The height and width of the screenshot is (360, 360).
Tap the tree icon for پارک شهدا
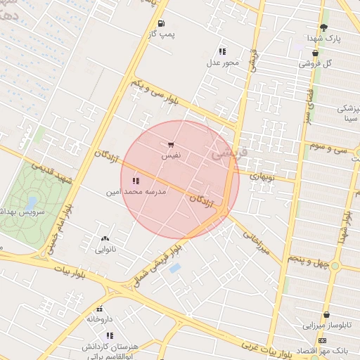click(323, 27)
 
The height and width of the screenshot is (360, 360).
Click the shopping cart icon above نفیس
click(172, 144)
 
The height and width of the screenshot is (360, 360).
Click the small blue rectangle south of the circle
click(175, 268)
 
